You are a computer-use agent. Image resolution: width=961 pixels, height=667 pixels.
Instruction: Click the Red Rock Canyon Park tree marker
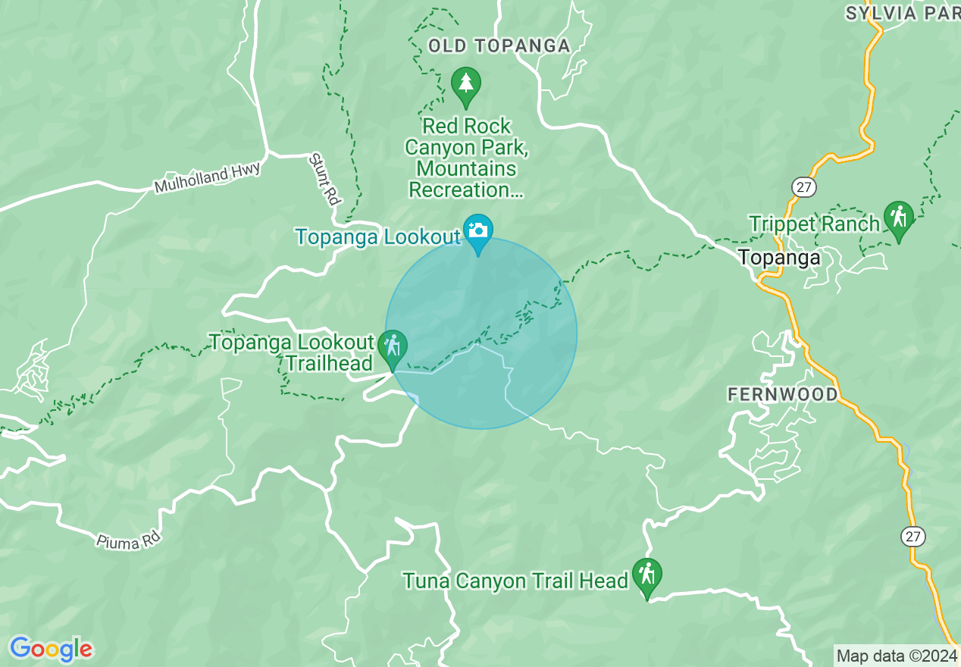(465, 85)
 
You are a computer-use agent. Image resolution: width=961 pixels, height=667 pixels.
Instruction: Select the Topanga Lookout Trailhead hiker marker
(392, 348)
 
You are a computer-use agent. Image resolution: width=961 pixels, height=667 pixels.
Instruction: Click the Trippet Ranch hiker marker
(898, 218)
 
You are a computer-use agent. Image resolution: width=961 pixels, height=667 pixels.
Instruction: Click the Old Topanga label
(499, 46)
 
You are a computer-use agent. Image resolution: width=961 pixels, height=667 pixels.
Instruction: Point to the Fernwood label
(783, 394)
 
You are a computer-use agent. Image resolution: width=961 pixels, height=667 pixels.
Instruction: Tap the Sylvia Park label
(902, 13)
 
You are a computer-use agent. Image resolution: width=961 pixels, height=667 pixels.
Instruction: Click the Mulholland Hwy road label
(207, 177)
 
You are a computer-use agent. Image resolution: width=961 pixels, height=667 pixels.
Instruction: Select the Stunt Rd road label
(324, 180)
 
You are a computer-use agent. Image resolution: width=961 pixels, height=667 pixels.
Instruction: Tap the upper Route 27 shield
(803, 186)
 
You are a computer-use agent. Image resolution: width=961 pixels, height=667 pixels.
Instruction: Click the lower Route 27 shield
(913, 536)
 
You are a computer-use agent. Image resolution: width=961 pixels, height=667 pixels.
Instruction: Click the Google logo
(51, 650)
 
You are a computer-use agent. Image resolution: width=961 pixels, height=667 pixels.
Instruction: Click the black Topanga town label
(779, 258)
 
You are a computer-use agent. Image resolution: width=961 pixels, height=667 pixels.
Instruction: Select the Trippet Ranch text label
(814, 224)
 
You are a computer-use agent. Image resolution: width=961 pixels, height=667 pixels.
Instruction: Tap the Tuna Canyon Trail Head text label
(515, 581)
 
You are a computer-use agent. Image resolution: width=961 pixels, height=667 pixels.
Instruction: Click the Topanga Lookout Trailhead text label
(292, 352)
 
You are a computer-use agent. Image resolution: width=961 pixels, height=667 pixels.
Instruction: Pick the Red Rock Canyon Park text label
(467, 158)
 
